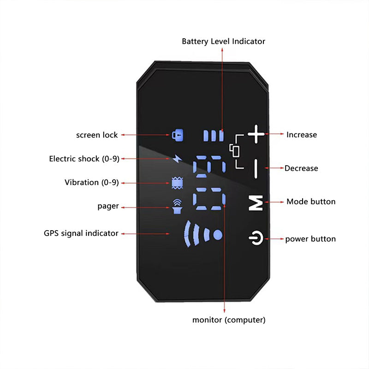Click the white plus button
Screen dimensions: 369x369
256,135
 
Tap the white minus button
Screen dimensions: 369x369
256,169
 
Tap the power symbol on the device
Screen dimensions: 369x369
256,239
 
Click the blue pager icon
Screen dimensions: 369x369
177,207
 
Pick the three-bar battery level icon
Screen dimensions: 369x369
214,136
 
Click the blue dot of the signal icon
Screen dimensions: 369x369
218,234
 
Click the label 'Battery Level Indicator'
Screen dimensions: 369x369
223,42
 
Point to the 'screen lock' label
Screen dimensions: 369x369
97,135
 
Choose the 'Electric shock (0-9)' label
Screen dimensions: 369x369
84,159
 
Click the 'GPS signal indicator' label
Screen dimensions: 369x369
81,233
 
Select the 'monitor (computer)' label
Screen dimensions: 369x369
229,320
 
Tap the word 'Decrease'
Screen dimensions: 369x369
301,168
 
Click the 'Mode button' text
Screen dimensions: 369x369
311,202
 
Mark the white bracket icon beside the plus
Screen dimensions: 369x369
236,150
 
